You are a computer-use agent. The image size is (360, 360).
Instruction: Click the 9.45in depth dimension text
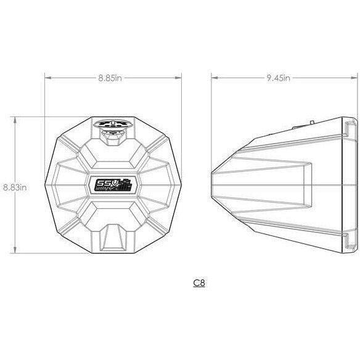click(x=279, y=78)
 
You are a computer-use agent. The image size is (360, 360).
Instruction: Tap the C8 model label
click(x=198, y=283)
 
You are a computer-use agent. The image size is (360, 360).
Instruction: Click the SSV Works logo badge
click(x=114, y=185)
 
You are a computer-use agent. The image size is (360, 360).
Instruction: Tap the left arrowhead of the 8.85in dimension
click(x=47, y=78)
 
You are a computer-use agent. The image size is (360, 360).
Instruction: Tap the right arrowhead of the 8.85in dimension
click(x=181, y=78)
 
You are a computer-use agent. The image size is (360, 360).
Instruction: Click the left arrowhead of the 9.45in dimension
click(x=215, y=78)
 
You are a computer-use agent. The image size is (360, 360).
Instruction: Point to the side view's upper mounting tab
click(x=350, y=129)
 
